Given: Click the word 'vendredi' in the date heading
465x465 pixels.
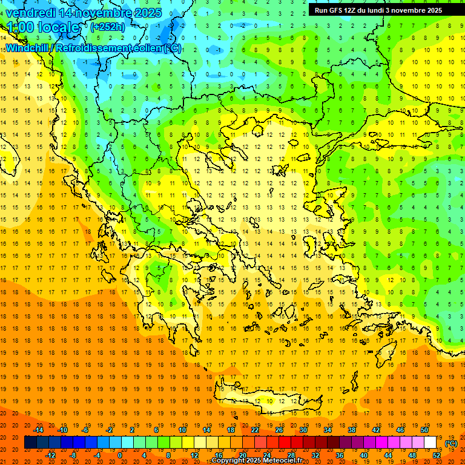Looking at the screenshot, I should point(30,13).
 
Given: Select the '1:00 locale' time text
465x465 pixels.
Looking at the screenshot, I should point(43,27).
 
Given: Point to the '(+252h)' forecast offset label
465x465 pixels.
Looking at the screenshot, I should point(108,27).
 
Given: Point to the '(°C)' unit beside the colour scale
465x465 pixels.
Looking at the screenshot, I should point(451,443).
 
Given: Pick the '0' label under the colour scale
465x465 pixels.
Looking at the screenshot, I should point(120,455).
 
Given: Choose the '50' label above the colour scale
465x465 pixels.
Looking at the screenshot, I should point(424,430).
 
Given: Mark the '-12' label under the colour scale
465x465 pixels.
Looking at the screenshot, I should point(51,455).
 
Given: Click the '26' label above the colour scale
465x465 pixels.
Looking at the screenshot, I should point(279,430).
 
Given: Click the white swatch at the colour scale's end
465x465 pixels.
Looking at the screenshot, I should point(430,443).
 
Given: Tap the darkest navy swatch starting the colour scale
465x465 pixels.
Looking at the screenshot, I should point(31,443).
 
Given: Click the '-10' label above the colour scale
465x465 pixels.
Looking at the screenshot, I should point(62,430).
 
